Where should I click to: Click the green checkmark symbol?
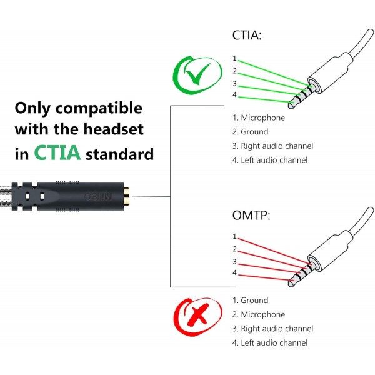[197, 74]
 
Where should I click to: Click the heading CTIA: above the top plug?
[247, 36]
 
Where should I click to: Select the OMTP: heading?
[251, 215]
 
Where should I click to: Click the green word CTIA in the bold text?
[57, 152]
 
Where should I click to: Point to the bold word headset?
[113, 129]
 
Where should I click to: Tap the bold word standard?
[119, 154]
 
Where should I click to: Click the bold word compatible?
[99, 108]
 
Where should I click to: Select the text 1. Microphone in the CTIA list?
[259, 117]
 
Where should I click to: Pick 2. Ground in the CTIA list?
[250, 132]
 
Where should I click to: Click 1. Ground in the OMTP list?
[250, 301]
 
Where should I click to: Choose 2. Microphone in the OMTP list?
[259, 314]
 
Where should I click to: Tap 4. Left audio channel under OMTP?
[270, 342]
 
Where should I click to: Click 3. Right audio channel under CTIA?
[272, 146]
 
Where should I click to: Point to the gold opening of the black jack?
[126, 196]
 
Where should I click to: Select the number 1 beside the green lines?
[234, 58]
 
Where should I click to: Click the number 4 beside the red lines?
[234, 272]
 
